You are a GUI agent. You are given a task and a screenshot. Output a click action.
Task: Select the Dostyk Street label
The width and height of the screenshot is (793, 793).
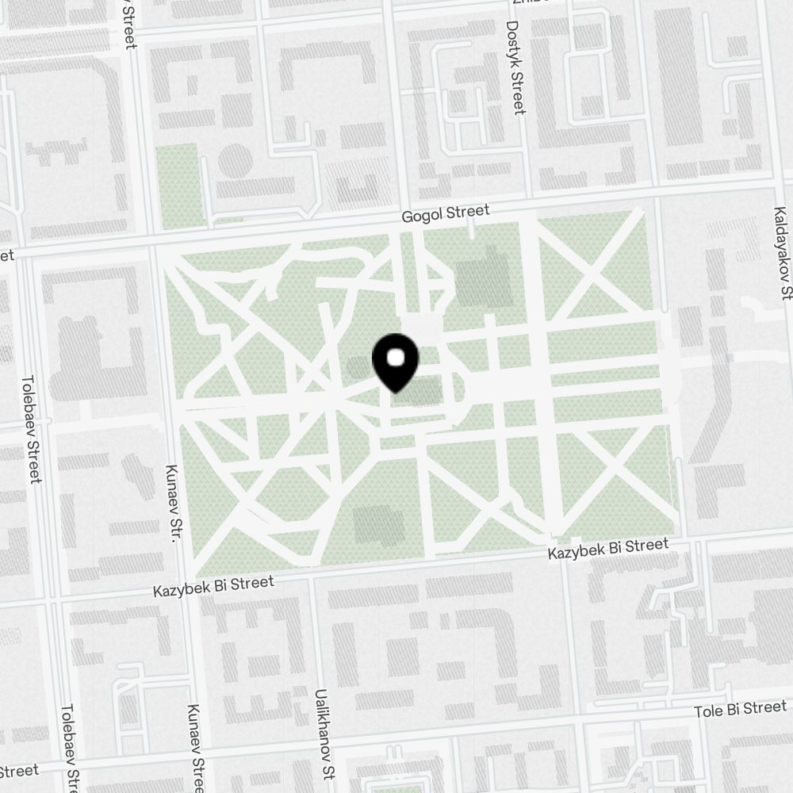516,67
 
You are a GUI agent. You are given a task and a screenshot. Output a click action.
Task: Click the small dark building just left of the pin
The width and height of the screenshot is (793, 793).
358,367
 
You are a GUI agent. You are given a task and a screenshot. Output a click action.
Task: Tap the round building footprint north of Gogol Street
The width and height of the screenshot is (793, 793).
235,161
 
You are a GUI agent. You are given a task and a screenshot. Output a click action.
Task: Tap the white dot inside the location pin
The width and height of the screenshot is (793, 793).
395,357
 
